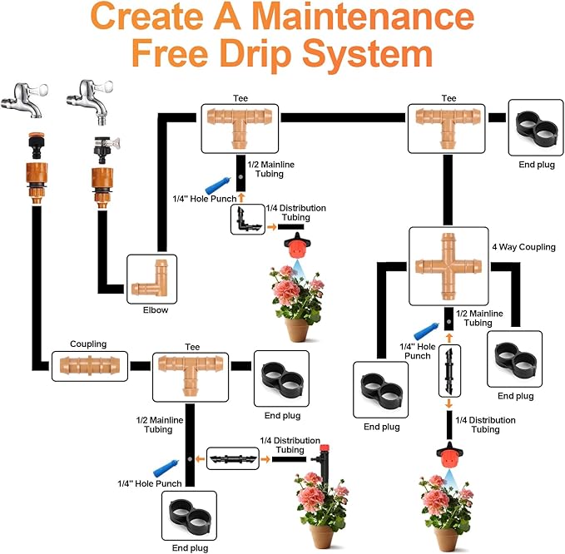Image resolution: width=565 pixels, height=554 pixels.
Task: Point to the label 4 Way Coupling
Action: coord(523,246)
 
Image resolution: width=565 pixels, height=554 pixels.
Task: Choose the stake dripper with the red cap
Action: coord(321,458)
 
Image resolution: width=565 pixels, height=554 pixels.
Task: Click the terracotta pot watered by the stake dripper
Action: coord(321,532)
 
